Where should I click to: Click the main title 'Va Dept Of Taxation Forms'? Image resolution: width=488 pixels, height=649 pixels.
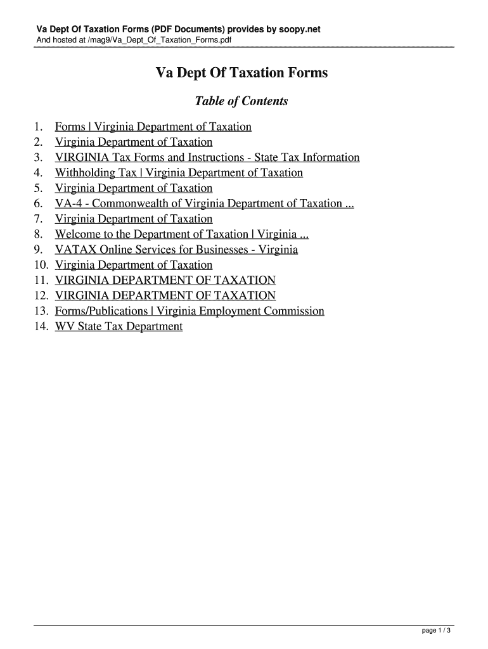[x=242, y=74]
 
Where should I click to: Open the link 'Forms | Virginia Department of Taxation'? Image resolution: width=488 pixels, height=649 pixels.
[x=153, y=127]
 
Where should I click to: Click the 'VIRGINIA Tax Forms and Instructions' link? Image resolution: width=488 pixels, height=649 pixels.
[x=207, y=157]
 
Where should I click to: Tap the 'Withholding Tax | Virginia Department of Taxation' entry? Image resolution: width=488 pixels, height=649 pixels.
[x=179, y=172]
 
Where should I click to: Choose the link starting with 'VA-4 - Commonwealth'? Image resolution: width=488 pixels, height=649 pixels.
[x=204, y=203]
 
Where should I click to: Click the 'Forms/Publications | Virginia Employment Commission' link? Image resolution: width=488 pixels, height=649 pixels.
[x=189, y=311]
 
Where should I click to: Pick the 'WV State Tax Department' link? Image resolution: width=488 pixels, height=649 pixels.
[x=119, y=326]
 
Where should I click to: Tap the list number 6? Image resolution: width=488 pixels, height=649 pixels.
[x=39, y=203]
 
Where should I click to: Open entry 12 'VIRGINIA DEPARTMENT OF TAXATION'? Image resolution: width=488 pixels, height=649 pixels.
[x=165, y=295]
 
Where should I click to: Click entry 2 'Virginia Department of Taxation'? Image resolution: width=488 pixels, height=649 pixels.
[x=134, y=142]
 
